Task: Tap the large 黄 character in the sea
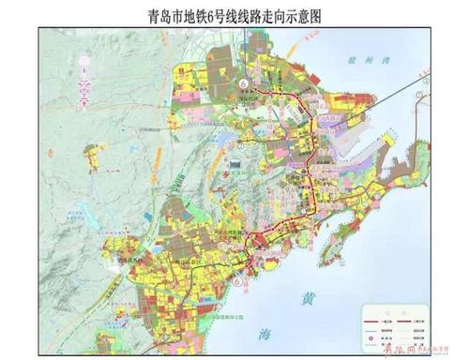coord(308,299)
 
